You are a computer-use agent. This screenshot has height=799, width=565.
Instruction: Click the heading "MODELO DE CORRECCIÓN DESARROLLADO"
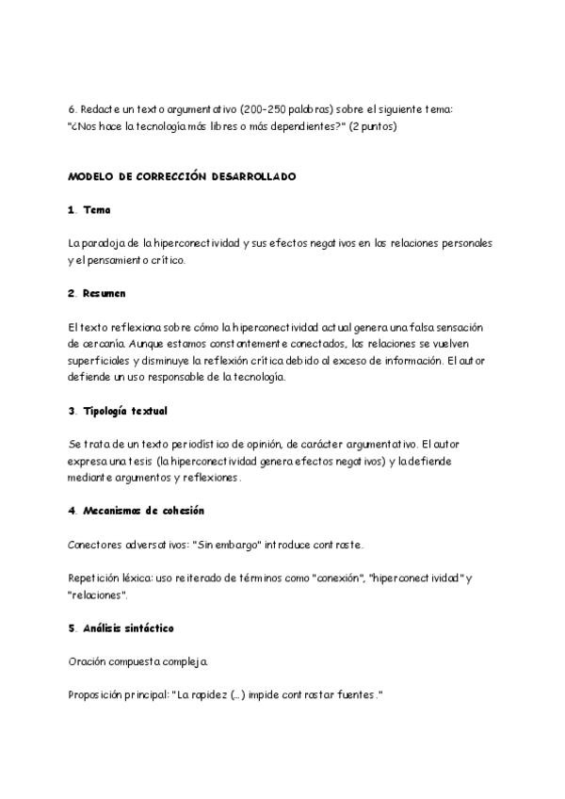coord(182,176)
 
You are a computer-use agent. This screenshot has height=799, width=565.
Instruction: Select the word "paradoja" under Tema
coord(104,243)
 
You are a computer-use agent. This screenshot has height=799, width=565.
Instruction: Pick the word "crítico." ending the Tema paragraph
coord(164,259)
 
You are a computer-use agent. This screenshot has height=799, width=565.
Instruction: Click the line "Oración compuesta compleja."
coord(132,661)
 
